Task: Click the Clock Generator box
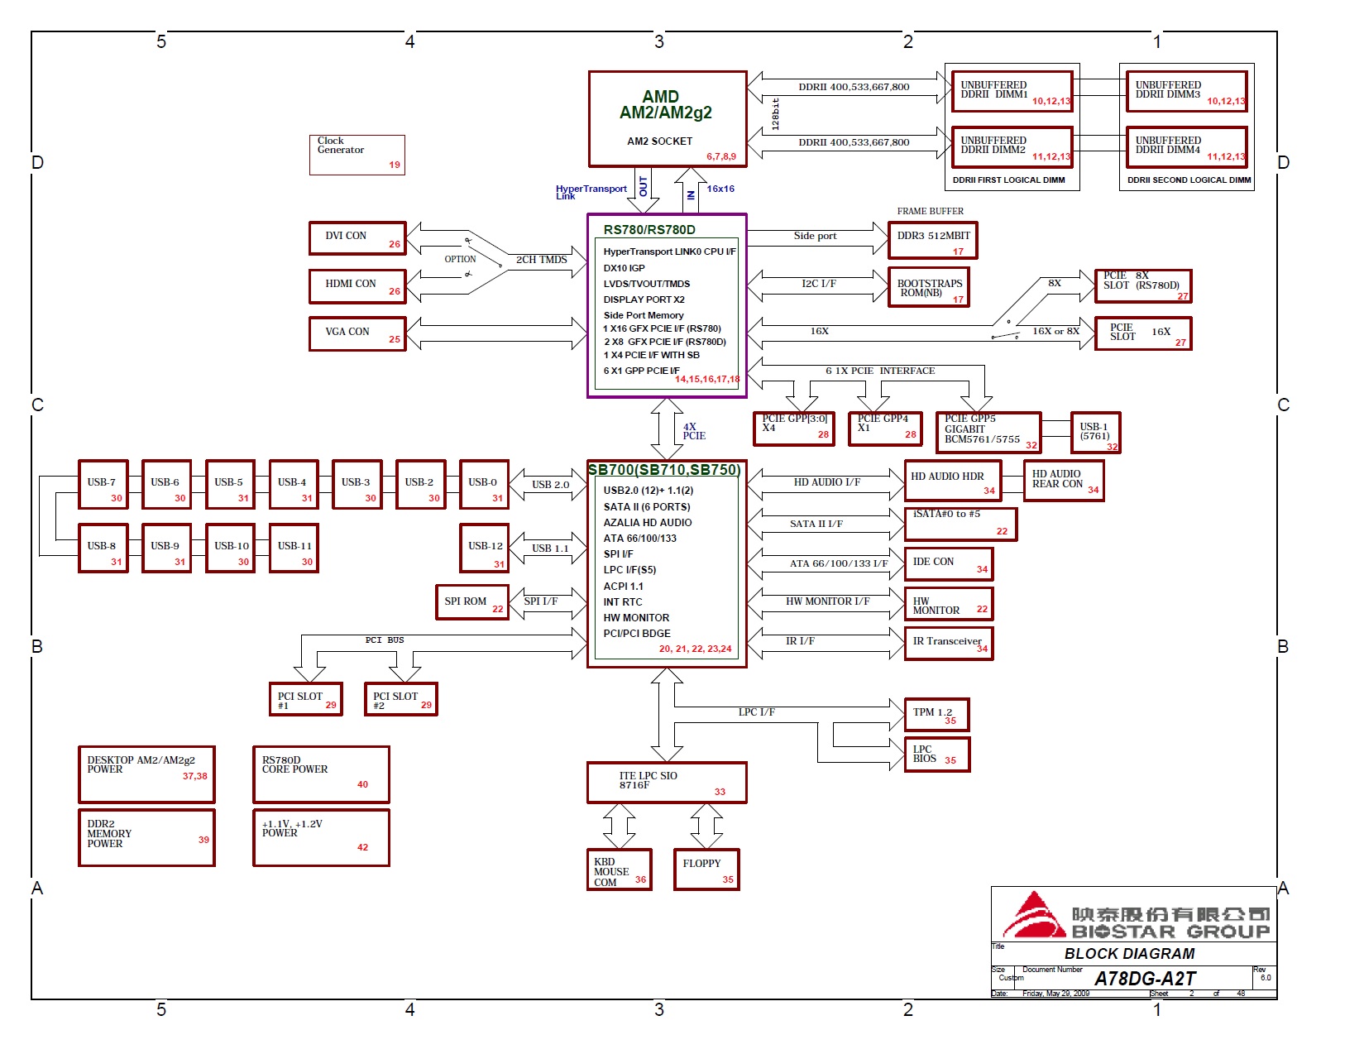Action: pyautogui.click(x=357, y=155)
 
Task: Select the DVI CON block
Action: pyautogui.click(x=357, y=238)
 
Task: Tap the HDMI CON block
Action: pyautogui.click(x=357, y=286)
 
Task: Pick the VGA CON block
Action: pyautogui.click(x=357, y=334)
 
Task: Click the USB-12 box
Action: pyautogui.click(x=484, y=548)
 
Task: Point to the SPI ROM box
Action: pyautogui.click(x=471, y=602)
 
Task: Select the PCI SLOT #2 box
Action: pyautogui.click(x=400, y=699)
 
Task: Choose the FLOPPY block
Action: pyautogui.click(x=706, y=870)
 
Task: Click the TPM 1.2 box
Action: pyautogui.click(x=936, y=715)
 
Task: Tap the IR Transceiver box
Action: pyautogui.click(x=948, y=644)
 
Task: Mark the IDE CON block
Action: pyautogui.click(x=948, y=564)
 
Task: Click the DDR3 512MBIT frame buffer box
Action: pyautogui.click(x=932, y=241)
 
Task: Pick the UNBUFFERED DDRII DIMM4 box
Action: pyautogui.click(x=1185, y=147)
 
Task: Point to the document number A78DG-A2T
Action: pyautogui.click(x=1145, y=979)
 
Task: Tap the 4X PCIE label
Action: pyautogui.click(x=694, y=431)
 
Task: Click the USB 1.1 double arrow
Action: pyautogui.click(x=549, y=549)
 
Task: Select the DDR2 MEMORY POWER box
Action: pyautogui.click(x=146, y=838)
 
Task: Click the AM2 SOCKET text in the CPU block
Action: pyautogui.click(x=659, y=141)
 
